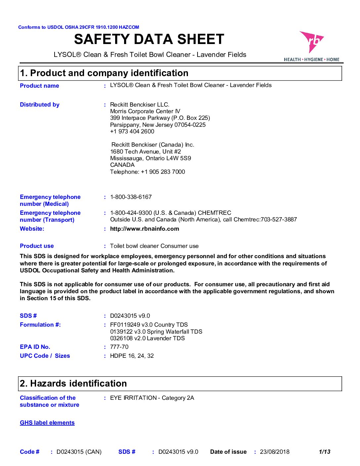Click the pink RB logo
(x=311, y=42)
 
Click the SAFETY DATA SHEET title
(x=149, y=39)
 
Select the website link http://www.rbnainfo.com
(x=145, y=229)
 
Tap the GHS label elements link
(x=47, y=423)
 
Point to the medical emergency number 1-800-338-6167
(x=131, y=197)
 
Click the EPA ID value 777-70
(x=119, y=347)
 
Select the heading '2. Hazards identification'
(x=73, y=383)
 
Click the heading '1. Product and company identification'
(x=104, y=73)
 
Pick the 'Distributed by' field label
(x=40, y=105)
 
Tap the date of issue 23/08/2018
(x=275, y=452)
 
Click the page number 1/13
(x=325, y=452)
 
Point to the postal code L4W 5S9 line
(x=151, y=158)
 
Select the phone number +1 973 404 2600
(x=132, y=131)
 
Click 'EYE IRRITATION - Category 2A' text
(x=152, y=398)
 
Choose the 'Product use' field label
(x=37, y=246)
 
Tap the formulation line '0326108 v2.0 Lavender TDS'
(x=148, y=338)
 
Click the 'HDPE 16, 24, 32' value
(x=132, y=356)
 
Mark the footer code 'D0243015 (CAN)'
(x=79, y=452)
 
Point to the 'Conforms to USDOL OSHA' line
(x=79, y=27)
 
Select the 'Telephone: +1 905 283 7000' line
(x=148, y=172)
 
